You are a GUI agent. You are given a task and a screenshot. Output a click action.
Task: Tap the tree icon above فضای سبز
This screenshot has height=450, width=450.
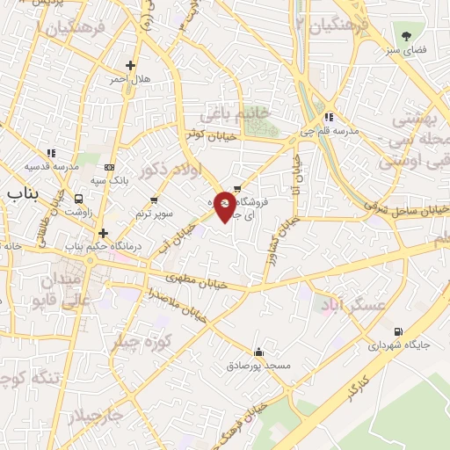(406, 36)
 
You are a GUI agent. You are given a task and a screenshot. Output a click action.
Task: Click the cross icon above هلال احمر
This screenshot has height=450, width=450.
(130, 65)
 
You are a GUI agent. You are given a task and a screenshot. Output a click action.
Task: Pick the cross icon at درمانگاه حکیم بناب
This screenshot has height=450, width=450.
(104, 233)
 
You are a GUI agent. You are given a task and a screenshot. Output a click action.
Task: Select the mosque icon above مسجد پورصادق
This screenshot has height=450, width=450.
(258, 351)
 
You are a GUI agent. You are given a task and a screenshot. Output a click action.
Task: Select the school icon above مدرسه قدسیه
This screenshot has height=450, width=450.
(51, 153)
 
